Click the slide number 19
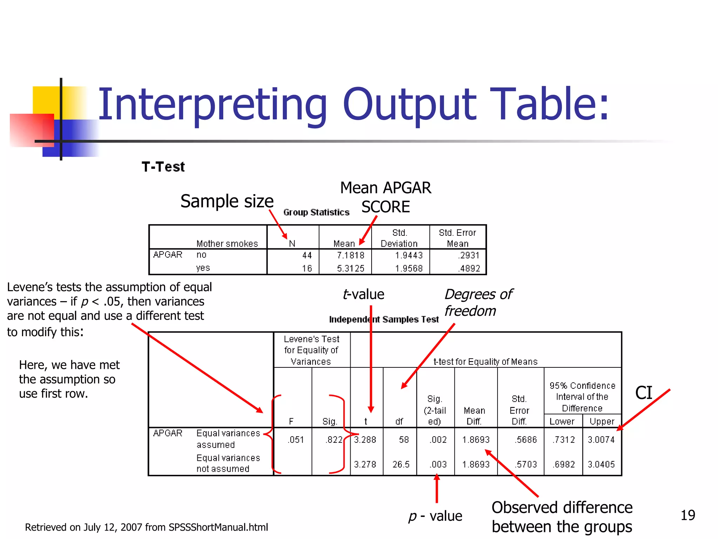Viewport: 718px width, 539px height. point(687,515)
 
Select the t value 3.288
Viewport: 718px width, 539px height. point(365,440)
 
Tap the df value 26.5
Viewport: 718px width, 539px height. point(401,464)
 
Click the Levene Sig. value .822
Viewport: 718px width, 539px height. point(334,440)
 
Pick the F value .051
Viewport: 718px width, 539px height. point(296,440)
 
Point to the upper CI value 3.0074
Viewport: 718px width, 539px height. point(601,440)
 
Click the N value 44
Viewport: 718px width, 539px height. point(307,255)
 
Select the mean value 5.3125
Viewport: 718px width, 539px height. point(351,268)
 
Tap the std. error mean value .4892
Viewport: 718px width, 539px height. point(469,268)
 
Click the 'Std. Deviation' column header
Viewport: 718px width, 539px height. point(399,238)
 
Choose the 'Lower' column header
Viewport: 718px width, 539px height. point(562,421)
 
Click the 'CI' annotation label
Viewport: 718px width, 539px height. point(644,393)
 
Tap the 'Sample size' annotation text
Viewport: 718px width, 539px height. point(227,201)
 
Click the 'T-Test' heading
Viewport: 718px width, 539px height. point(163,167)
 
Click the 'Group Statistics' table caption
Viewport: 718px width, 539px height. point(316,212)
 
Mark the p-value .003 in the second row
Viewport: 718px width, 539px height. point(438,464)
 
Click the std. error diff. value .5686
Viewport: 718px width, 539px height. point(526,440)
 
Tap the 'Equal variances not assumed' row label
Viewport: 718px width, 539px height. point(228,463)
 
